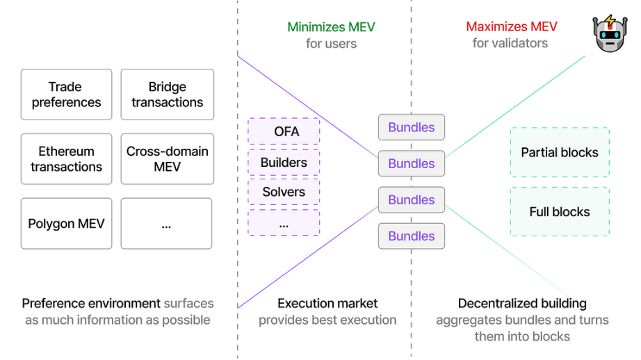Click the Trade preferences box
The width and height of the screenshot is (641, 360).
pos(66,95)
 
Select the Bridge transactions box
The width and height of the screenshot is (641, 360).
pos(167,95)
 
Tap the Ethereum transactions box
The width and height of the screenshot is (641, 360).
pos(66,159)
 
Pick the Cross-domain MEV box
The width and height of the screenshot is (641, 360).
pos(167,159)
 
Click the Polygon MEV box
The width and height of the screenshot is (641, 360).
pos(66,224)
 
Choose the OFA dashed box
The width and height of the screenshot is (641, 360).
pos(284,131)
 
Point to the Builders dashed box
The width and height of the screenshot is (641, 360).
pos(284,163)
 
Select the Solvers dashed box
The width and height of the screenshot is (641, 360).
pos(284,192)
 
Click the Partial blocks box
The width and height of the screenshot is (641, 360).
pos(560,152)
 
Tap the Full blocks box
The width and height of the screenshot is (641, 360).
pos(560,212)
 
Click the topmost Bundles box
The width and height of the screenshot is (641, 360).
pos(412,127)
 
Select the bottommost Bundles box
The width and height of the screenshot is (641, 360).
pos(412,236)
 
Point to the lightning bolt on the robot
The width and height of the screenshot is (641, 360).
pos(610,20)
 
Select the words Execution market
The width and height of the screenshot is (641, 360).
pos(327,303)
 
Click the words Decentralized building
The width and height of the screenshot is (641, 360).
pos(522,303)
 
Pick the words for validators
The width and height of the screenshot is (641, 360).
pos(510,43)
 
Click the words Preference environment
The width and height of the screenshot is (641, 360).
pos(91,303)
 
